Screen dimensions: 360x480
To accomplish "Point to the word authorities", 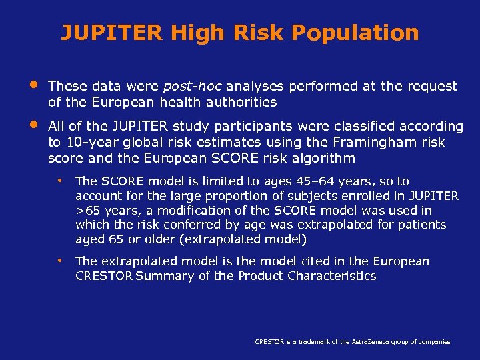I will click(242, 102).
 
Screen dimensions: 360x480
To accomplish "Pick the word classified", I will click(374, 127).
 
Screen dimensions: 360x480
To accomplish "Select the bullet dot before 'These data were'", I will click(33, 85).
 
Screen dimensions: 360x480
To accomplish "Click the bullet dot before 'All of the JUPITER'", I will click(33, 125).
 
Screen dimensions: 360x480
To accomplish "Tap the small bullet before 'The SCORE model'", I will click(60, 181).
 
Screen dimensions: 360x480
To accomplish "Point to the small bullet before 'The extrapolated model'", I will click(60, 261).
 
